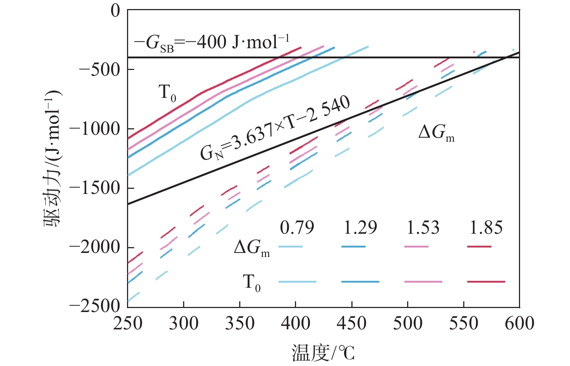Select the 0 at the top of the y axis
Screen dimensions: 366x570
point(115,11)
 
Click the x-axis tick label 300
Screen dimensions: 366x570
point(183,323)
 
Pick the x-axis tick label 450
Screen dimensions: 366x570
point(351,323)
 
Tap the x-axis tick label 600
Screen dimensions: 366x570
point(519,323)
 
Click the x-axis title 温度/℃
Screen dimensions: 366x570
point(323,353)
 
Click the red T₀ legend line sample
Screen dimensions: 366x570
point(486,282)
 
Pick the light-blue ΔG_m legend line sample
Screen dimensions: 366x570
point(290,247)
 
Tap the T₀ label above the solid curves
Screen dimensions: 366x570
point(167,93)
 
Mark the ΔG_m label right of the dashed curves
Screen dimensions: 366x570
point(436,133)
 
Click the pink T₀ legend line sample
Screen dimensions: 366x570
point(423,282)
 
